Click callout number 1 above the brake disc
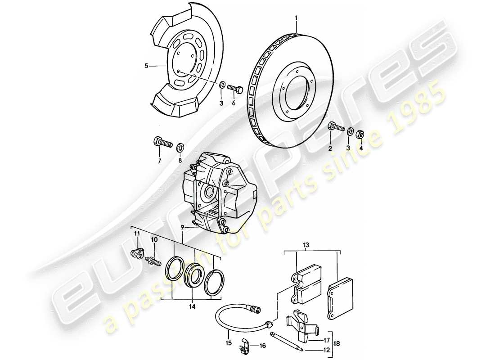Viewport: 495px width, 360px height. (296, 18)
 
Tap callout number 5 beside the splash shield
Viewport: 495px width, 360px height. (146, 66)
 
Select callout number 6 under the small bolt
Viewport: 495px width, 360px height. (234, 103)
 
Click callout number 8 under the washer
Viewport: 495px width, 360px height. (180, 161)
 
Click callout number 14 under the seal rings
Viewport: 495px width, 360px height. (193, 307)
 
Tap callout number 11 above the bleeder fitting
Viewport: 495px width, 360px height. (136, 234)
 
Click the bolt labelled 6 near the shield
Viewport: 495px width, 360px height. (235, 88)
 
